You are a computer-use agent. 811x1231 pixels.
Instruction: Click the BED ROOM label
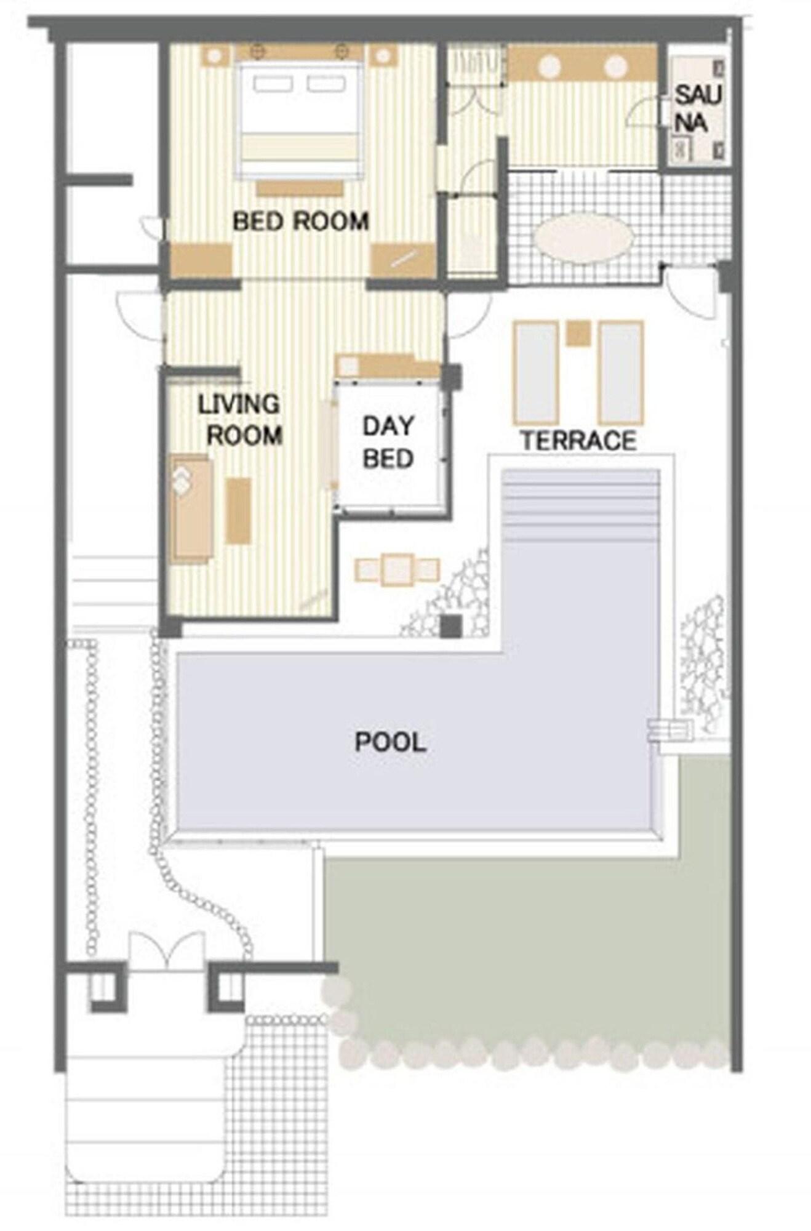(x=301, y=221)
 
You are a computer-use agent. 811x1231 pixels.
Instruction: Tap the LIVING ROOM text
(x=240, y=420)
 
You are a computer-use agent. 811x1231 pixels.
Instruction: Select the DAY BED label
(x=388, y=442)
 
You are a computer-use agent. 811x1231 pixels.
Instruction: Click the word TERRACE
(x=578, y=441)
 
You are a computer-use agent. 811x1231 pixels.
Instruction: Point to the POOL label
(x=391, y=742)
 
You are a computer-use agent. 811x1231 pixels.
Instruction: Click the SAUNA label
(x=698, y=109)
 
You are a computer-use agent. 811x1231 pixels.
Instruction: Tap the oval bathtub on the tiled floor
(x=583, y=238)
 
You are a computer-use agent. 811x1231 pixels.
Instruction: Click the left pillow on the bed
(x=272, y=84)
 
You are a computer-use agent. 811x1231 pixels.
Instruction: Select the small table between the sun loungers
(x=578, y=334)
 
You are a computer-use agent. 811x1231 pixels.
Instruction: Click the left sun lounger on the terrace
(x=536, y=373)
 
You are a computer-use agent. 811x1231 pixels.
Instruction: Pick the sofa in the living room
(x=191, y=508)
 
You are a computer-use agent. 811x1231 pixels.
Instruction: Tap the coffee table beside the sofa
(x=239, y=511)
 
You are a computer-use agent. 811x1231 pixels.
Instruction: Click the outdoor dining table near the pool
(x=398, y=570)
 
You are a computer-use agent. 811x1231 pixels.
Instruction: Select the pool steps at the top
(x=580, y=505)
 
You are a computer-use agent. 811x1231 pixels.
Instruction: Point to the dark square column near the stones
(x=451, y=626)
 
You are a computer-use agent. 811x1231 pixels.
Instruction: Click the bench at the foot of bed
(x=300, y=188)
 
